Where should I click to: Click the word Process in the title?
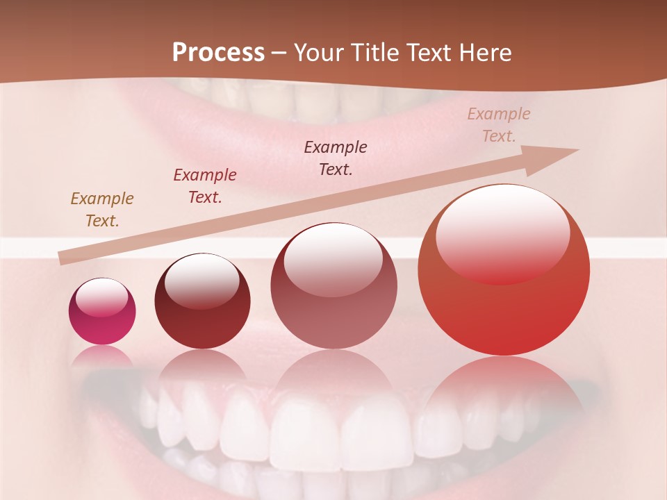(218, 53)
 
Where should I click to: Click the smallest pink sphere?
(102, 311)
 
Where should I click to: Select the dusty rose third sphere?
(333, 285)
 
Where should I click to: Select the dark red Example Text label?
(205, 186)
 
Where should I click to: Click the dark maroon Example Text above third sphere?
(336, 158)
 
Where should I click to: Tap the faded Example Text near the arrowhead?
(498, 125)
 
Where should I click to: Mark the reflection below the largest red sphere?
(504, 389)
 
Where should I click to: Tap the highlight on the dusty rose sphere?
(333, 259)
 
